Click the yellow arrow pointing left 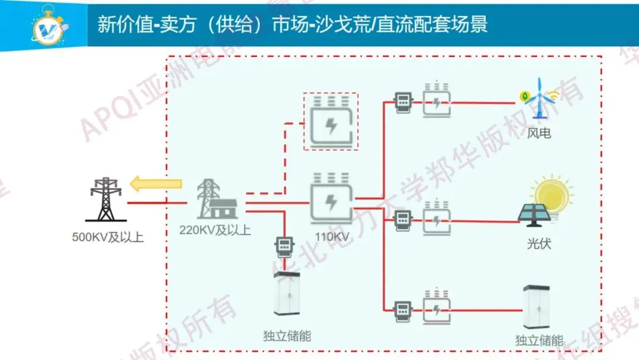coord(154,184)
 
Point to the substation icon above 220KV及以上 coord(217,199)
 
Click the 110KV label coord(332,237)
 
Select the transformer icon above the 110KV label coord(331,199)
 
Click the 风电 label coord(539,133)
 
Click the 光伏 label coord(539,243)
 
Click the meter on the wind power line coord(403,102)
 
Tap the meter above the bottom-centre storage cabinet coord(285,246)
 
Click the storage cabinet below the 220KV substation coord(286,294)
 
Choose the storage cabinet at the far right coord(538,307)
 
